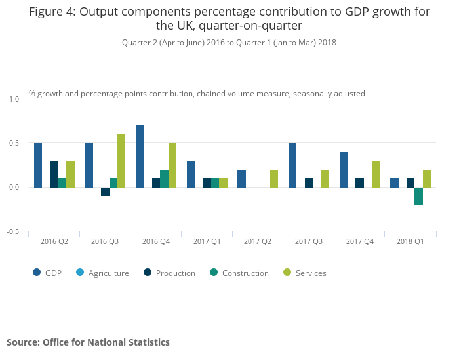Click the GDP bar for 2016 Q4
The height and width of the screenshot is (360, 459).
140,156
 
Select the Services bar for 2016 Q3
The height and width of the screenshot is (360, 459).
121,161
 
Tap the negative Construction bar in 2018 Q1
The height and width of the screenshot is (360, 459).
418,196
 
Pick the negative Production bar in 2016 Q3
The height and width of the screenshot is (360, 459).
105,191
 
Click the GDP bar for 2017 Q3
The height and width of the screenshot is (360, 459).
292,165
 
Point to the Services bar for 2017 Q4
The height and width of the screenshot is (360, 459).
376,174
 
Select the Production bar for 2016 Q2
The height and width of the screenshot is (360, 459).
54,174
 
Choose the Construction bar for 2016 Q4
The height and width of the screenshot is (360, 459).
164,178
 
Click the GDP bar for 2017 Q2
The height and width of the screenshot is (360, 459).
241,178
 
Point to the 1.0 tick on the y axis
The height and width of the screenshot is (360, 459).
14,98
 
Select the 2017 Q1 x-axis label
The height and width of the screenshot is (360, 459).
207,242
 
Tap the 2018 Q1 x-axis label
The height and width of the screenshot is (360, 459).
410,242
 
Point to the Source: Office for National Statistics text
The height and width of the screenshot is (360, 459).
88,342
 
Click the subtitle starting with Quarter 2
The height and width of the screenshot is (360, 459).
229,43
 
